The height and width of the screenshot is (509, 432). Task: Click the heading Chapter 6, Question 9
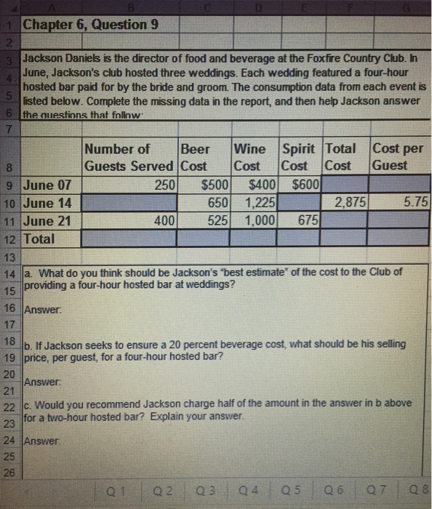point(85,25)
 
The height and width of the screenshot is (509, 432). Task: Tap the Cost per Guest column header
point(397,157)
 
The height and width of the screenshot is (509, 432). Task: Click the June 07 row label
point(48,185)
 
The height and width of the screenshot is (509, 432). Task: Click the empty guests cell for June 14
point(129,202)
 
